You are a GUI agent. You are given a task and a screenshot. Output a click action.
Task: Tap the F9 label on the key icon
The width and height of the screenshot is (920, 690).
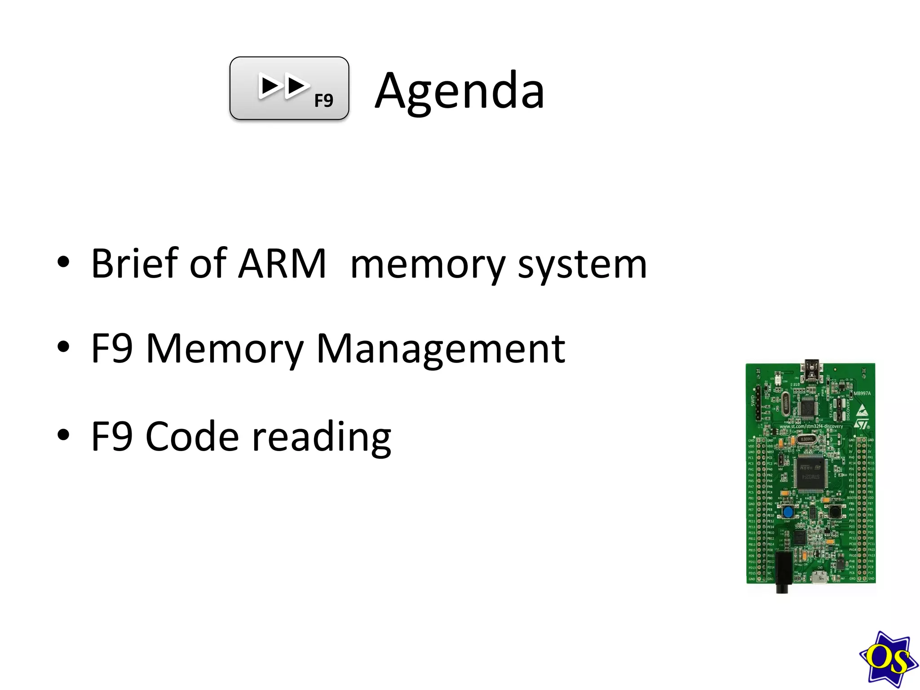323,101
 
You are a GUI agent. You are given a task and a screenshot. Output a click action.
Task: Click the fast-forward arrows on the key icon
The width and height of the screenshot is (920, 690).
283,86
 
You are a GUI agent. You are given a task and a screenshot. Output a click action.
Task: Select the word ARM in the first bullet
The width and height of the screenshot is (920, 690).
282,264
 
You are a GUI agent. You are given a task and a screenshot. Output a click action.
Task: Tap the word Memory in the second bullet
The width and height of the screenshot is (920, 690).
225,349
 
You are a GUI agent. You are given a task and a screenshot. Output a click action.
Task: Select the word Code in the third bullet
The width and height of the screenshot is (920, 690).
192,437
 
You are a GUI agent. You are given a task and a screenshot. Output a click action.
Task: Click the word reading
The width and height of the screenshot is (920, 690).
322,438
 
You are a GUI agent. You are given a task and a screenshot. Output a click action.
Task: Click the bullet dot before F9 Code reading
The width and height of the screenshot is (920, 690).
64,434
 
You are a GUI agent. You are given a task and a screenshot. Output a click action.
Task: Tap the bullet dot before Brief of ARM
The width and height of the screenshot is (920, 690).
64,262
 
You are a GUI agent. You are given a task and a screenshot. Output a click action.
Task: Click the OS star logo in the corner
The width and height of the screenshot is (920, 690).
888,659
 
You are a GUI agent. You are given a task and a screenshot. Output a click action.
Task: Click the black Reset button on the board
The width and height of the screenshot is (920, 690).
835,511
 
